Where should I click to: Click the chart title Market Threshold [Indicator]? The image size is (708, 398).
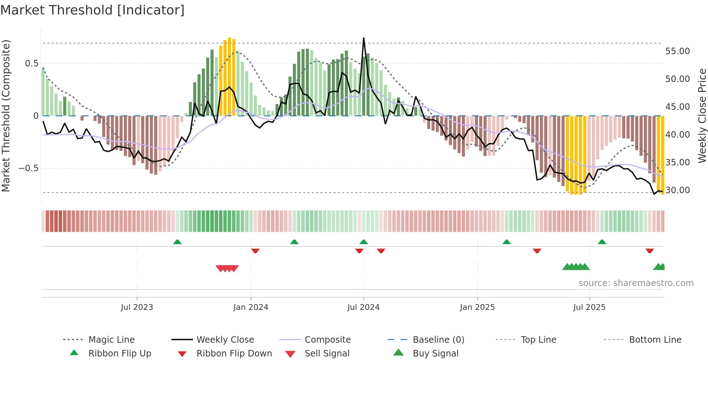coord(92,10)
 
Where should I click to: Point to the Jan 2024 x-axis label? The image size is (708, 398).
coord(251,307)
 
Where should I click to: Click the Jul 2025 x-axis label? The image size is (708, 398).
coord(589,307)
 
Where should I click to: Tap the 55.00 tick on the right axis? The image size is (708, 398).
coord(677,51)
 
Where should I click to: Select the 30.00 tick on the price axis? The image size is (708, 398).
coord(677,190)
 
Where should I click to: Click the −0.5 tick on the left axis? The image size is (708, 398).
coord(28,168)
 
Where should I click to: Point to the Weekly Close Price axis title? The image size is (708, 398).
coord(702,116)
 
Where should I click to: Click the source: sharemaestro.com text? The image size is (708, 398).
coord(636,283)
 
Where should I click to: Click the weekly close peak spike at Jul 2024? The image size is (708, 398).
coord(363,38)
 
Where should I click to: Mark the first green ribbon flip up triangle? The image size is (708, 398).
coord(177,242)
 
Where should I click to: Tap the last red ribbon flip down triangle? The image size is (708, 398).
coord(649,251)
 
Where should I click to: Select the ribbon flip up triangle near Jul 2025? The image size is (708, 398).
coord(602,242)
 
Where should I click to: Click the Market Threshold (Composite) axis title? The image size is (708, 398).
coord(6,116)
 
